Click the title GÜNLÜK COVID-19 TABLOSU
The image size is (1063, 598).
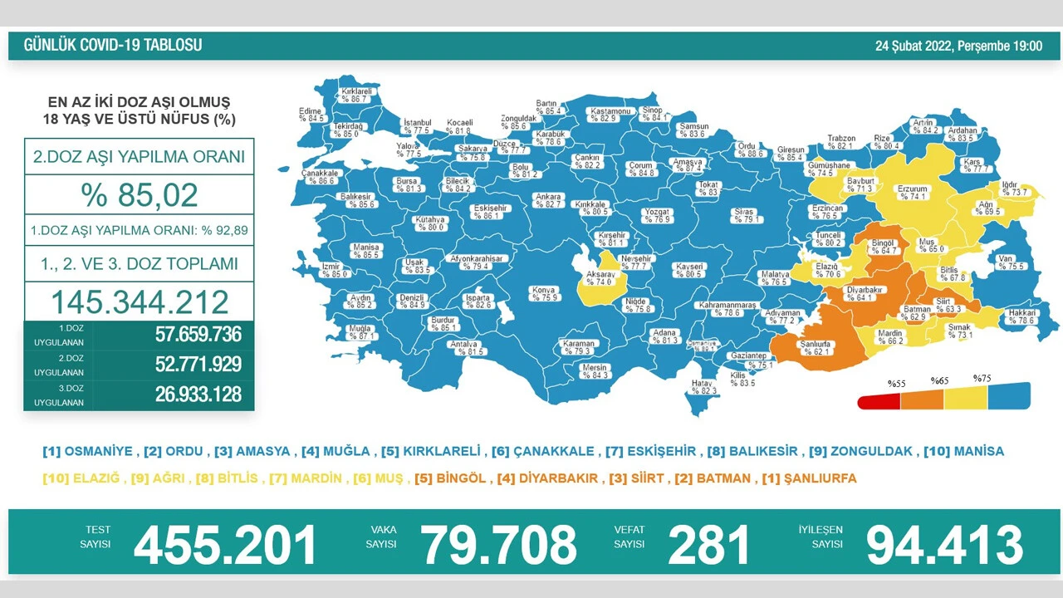112,45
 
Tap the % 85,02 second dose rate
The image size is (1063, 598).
140,195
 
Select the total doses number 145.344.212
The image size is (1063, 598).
140,301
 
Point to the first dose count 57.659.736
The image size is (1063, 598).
198,335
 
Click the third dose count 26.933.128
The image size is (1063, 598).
198,394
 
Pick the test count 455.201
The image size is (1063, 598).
225,545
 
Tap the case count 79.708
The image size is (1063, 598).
498,545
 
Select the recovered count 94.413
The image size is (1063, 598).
944,545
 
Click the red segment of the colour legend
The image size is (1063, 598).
879,401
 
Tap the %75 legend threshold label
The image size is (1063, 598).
982,378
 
